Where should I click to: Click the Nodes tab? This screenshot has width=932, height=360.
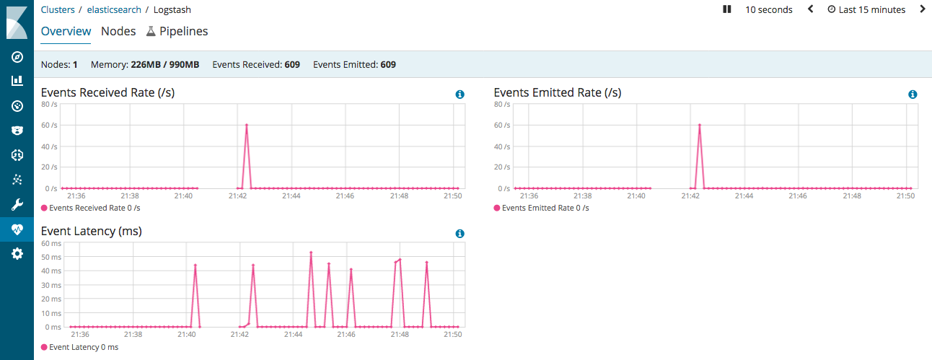(x=118, y=31)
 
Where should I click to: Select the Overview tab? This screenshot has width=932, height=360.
(x=66, y=31)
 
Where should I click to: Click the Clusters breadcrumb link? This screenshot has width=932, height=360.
(x=58, y=10)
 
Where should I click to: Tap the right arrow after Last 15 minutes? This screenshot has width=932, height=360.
(x=923, y=9)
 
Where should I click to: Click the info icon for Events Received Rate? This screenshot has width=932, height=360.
(x=460, y=95)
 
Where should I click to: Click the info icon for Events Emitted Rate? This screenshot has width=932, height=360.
(x=913, y=95)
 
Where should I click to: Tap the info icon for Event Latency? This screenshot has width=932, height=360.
(x=460, y=234)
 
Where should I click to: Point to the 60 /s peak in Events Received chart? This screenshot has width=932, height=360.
(x=247, y=126)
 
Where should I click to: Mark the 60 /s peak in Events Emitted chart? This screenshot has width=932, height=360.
(x=700, y=126)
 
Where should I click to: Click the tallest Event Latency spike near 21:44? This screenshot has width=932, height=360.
(x=311, y=253)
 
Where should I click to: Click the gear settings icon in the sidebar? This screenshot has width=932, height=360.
(x=17, y=253)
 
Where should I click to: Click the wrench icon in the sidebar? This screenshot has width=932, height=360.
(x=17, y=204)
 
